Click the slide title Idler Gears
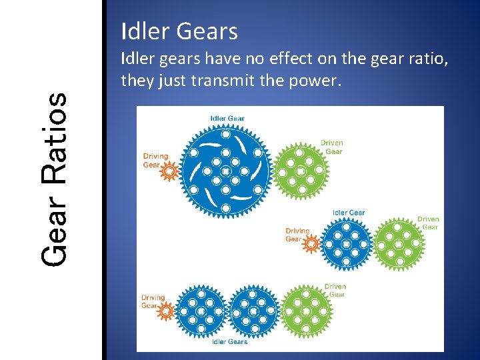pyautogui.click(x=179, y=31)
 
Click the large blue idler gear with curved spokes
pyautogui.click(x=226, y=171)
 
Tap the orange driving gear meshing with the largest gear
pyautogui.click(x=170, y=172)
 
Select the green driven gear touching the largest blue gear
pyautogui.click(x=300, y=171)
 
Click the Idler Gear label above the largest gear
pyautogui.click(x=227, y=119)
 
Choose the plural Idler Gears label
pyautogui.click(x=229, y=342)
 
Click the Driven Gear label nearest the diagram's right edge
pyautogui.click(x=428, y=223)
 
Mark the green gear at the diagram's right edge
pyautogui.click(x=398, y=245)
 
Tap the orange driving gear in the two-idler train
pyautogui.click(x=167, y=311)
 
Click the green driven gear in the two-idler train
pyautogui.click(x=306, y=311)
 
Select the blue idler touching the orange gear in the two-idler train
pyautogui.click(x=201, y=311)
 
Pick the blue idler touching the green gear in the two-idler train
pyautogui.click(x=253, y=311)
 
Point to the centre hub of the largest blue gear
pyautogui.click(x=226, y=171)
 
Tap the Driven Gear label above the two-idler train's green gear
pyautogui.click(x=335, y=290)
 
